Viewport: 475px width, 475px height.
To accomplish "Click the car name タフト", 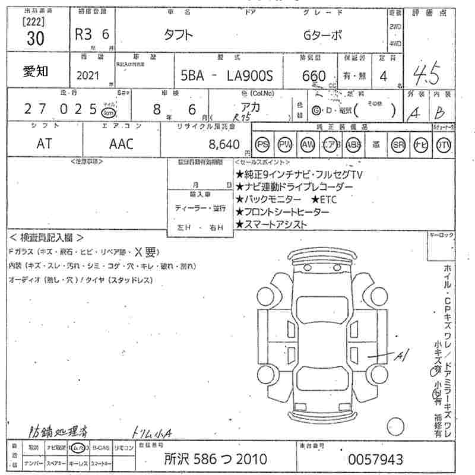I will tap(178, 35).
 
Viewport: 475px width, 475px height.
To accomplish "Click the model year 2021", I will tap(88, 76).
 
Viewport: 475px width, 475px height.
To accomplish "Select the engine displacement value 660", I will tap(313, 76).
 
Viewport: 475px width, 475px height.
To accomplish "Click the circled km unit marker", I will tap(108, 112).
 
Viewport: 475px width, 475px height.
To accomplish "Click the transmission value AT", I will tap(44, 144).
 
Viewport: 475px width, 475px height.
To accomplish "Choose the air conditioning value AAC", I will tap(121, 144).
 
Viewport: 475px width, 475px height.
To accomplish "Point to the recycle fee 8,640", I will tap(223, 144).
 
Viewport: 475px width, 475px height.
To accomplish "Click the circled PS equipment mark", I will tap(262, 144).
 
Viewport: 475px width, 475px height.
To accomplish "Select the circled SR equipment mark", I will tap(398, 144).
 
